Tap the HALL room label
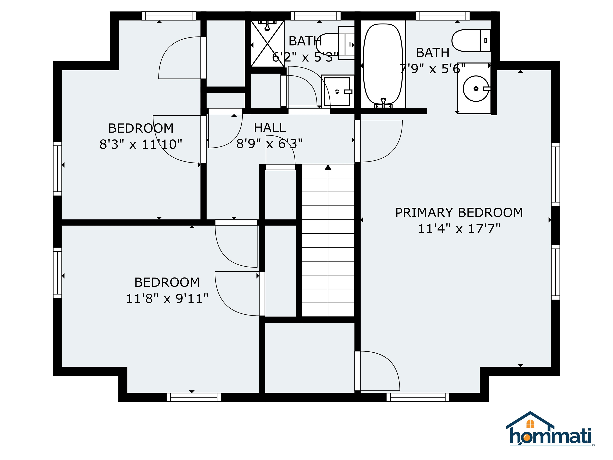point(270,128)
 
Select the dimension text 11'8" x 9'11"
point(167,299)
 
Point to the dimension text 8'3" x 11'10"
point(141,144)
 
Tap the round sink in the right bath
point(476,88)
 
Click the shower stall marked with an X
point(267,44)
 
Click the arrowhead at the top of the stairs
point(328,167)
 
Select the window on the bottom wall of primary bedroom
point(418,397)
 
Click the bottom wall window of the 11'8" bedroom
point(194,397)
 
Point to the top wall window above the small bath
point(315,16)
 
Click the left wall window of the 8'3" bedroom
point(57,169)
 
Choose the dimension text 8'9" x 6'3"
point(269,144)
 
